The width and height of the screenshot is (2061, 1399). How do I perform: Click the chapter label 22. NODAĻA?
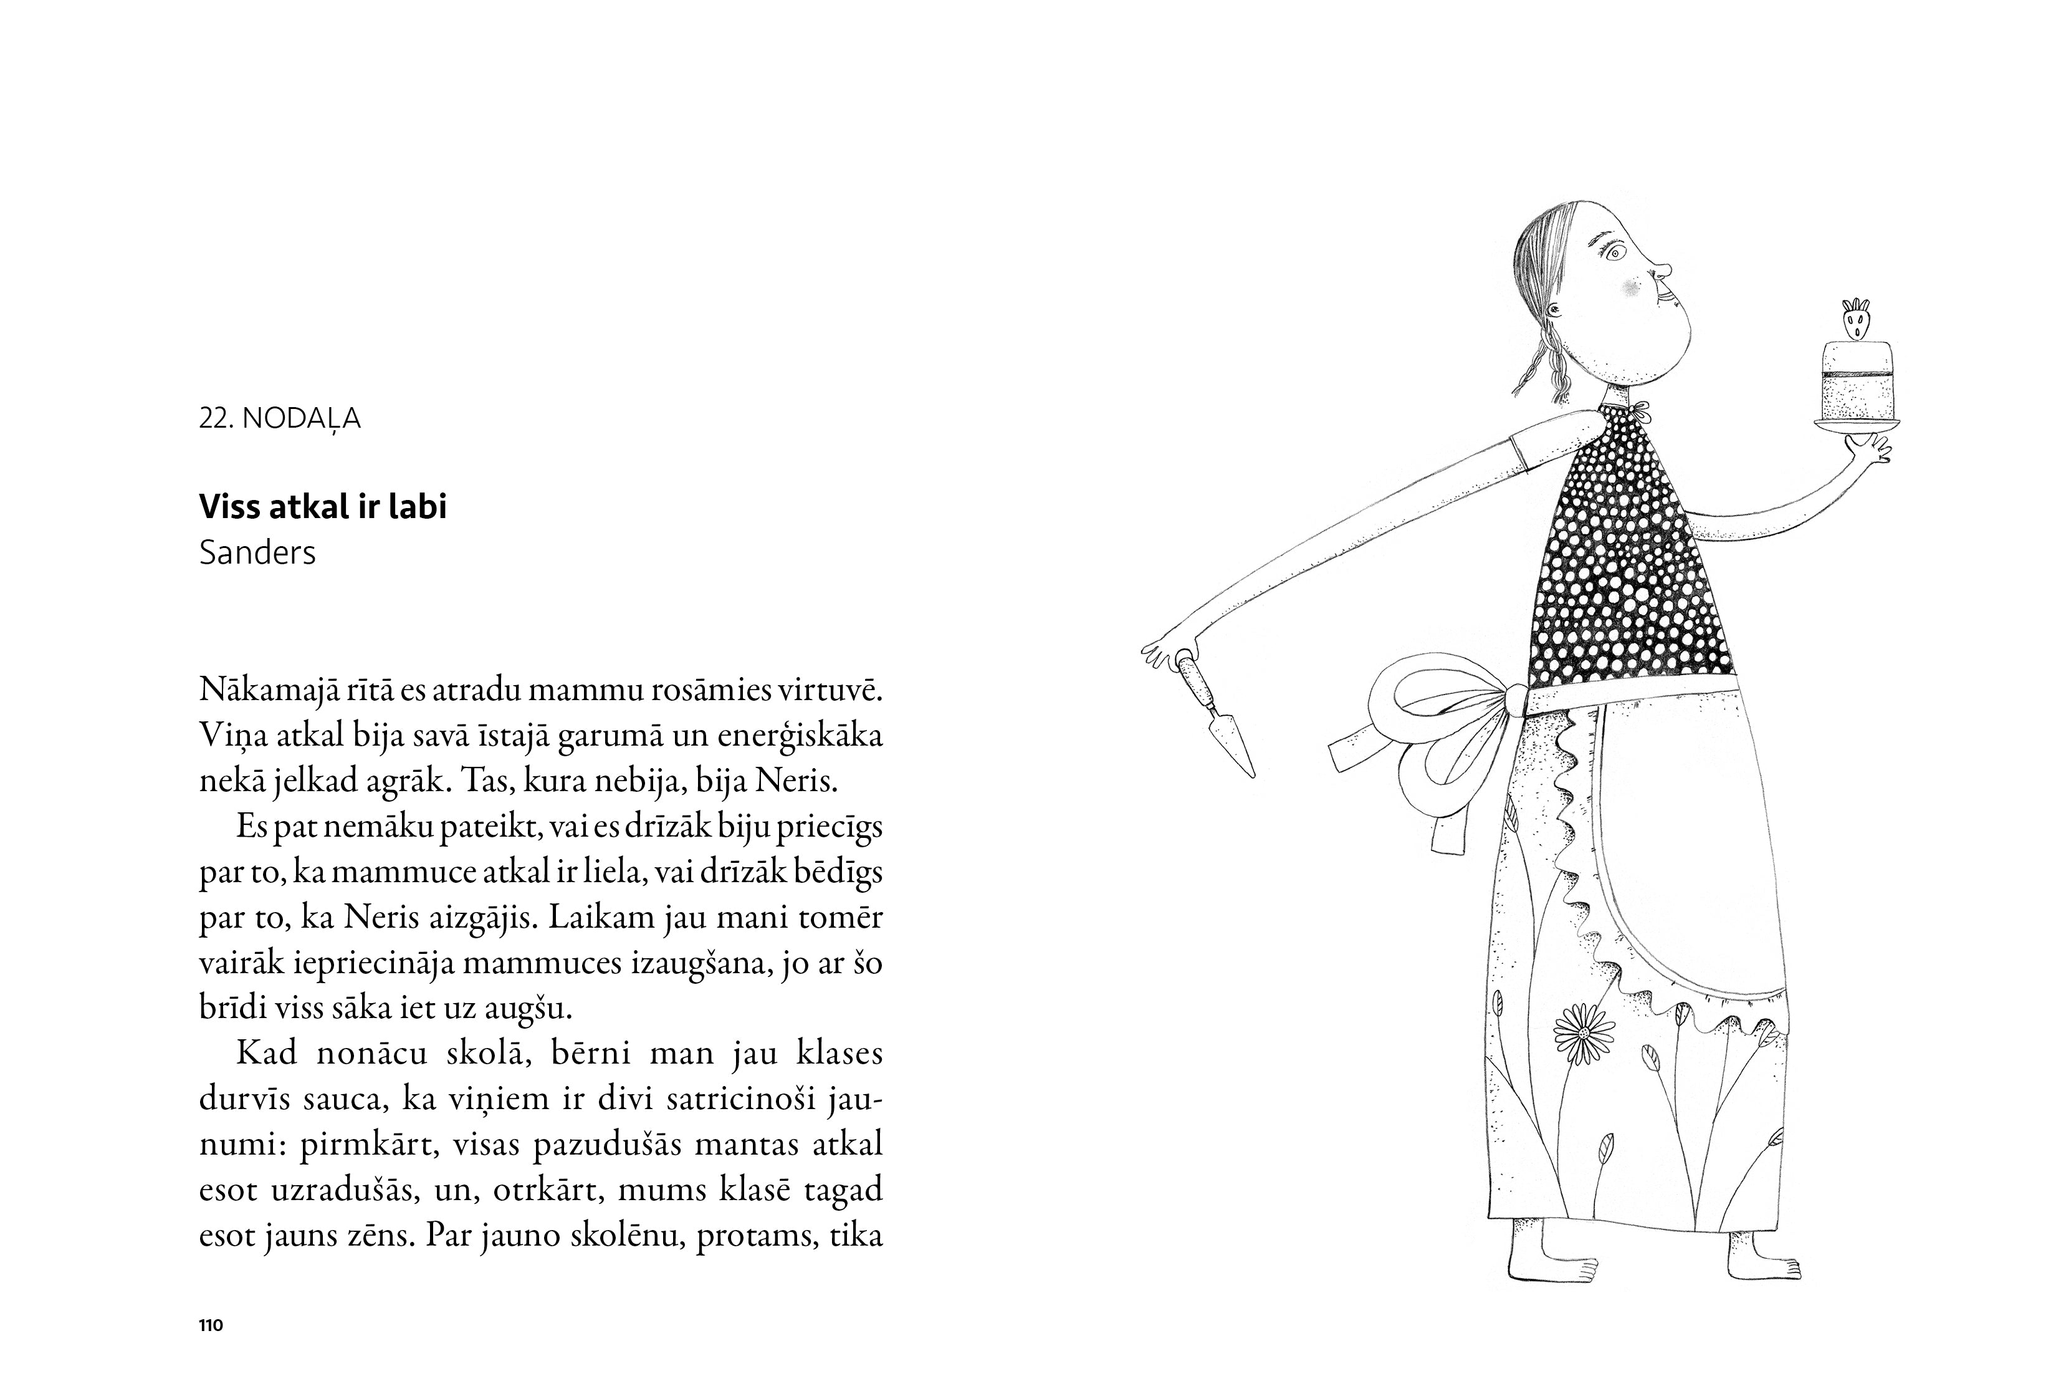click(279, 419)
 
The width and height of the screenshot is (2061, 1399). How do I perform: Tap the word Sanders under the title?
click(257, 553)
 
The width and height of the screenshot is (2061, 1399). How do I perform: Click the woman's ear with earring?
click(1554, 310)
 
